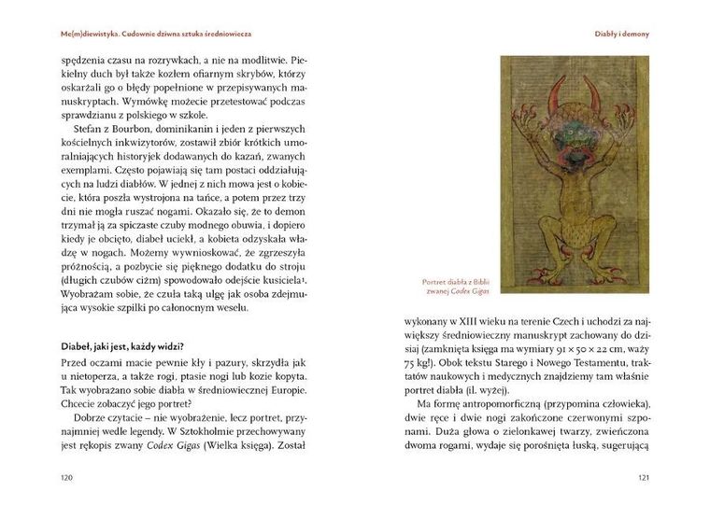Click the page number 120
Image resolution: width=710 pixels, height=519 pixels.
point(67,478)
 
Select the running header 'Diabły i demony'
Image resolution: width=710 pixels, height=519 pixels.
point(621,34)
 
